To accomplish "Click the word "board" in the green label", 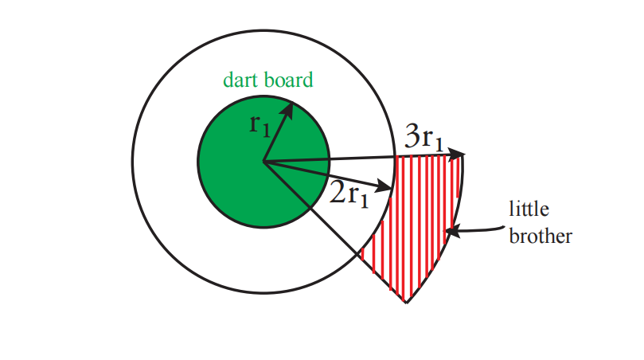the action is coord(288,80).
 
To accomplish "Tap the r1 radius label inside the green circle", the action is coord(260,125).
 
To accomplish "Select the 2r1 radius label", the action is coord(349,194).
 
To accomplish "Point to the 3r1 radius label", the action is coord(424,137).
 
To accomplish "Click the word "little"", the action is coord(529,209).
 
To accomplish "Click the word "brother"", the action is coord(541,237).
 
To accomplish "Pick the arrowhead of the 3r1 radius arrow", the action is coord(457,155).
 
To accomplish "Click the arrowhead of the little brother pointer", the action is coord(451,232).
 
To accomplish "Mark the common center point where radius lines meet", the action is coord(263,162).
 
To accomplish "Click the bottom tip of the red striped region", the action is coord(406,303).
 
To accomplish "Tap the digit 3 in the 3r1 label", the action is coord(412,136).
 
